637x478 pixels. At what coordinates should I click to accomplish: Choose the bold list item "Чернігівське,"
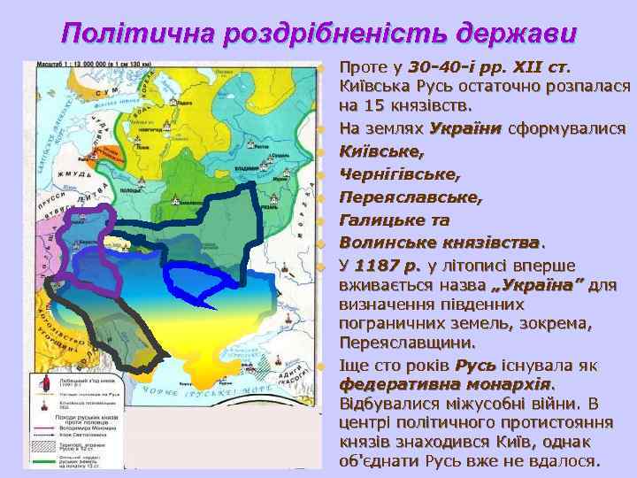[x=394, y=173]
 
